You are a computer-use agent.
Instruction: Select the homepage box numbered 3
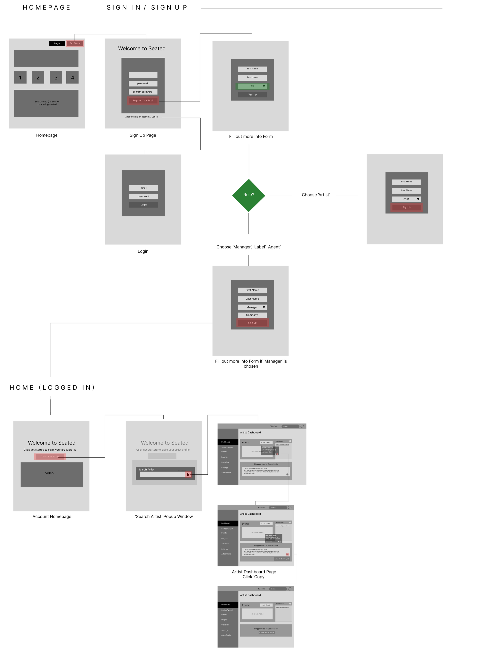[56, 77]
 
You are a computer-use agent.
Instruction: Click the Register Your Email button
[143, 101]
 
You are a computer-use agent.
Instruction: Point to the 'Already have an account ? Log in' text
[142, 117]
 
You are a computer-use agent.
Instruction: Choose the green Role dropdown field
[252, 86]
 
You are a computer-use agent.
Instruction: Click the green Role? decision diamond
[248, 195]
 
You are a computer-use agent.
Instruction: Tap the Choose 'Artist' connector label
[316, 195]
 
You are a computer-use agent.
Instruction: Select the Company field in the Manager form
[252, 315]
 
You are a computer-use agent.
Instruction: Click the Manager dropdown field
[252, 307]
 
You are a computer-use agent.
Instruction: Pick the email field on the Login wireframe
[143, 188]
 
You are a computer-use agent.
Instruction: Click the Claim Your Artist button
[50, 456]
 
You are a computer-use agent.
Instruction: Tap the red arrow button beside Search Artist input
[188, 474]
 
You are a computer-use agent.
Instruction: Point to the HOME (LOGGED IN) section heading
[52, 388]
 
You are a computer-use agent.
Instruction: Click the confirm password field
[143, 92]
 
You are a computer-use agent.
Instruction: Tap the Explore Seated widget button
[266, 632]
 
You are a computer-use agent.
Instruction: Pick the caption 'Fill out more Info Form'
[251, 137]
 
